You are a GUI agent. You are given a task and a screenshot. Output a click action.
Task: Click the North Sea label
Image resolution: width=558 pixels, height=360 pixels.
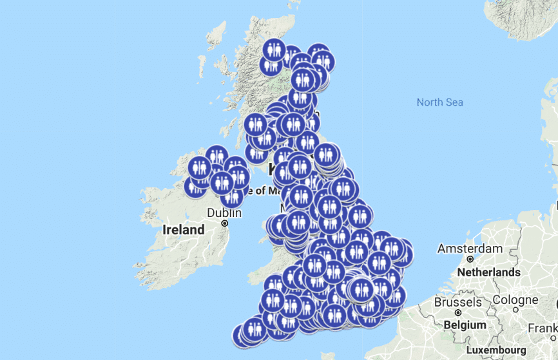click(x=439, y=102)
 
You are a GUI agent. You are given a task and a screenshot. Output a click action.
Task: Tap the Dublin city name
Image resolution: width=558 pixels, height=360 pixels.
click(x=224, y=213)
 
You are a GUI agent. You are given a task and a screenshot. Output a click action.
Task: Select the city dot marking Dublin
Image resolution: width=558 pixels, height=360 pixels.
click(x=224, y=223)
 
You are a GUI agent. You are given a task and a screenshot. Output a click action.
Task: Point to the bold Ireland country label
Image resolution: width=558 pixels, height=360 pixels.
click(x=184, y=230)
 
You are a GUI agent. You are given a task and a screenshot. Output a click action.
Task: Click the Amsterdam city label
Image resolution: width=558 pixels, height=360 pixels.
click(x=470, y=249)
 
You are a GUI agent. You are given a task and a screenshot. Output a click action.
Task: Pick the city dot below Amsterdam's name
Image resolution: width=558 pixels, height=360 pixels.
click(x=470, y=259)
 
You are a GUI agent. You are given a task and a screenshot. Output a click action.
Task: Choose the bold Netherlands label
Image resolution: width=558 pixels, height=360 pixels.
click(x=488, y=272)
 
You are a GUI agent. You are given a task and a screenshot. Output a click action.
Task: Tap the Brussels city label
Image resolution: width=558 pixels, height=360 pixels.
click(x=457, y=302)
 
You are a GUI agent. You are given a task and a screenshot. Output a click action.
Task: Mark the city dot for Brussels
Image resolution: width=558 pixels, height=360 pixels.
click(x=458, y=312)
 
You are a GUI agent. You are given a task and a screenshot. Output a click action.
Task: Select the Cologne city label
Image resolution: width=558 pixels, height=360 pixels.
click(x=515, y=300)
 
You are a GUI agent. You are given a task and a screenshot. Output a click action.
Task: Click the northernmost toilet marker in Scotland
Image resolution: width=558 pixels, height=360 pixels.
click(x=274, y=50)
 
